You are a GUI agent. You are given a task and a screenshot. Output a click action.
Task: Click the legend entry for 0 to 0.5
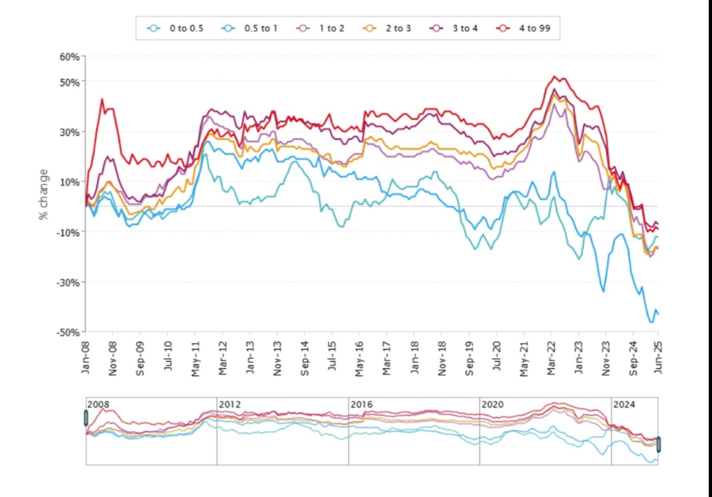click(x=175, y=28)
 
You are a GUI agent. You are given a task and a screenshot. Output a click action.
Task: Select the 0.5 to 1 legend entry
click(x=250, y=28)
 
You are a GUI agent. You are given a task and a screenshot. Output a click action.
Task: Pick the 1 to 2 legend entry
click(x=321, y=28)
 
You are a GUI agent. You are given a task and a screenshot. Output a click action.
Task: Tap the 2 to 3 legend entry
click(x=388, y=28)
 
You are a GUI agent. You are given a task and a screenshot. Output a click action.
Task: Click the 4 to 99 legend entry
click(x=524, y=28)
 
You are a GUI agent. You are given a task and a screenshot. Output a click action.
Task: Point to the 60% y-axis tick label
click(x=69, y=56)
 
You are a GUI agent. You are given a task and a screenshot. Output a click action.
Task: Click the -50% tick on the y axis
click(x=68, y=332)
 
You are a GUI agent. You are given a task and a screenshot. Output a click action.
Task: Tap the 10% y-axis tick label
click(x=69, y=182)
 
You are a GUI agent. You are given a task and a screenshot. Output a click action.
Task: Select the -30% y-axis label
click(x=68, y=283)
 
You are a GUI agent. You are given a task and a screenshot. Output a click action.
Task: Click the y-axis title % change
click(x=43, y=194)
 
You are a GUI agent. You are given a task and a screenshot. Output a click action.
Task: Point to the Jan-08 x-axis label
click(x=85, y=357)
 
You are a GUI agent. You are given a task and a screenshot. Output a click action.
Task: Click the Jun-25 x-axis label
click(x=658, y=357)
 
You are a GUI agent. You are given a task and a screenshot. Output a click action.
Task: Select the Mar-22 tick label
click(x=551, y=358)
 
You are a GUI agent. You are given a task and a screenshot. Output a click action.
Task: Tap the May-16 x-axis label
click(x=359, y=358)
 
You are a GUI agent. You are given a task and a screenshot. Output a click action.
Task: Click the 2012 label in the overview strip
click(x=230, y=404)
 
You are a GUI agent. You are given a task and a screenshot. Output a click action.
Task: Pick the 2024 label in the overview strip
click(x=624, y=404)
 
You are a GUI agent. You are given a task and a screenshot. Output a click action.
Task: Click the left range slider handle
click(x=86, y=418)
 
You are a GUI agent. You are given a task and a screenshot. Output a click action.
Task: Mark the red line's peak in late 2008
click(x=102, y=99)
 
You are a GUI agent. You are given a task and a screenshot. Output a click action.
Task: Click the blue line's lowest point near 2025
click(x=651, y=322)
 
